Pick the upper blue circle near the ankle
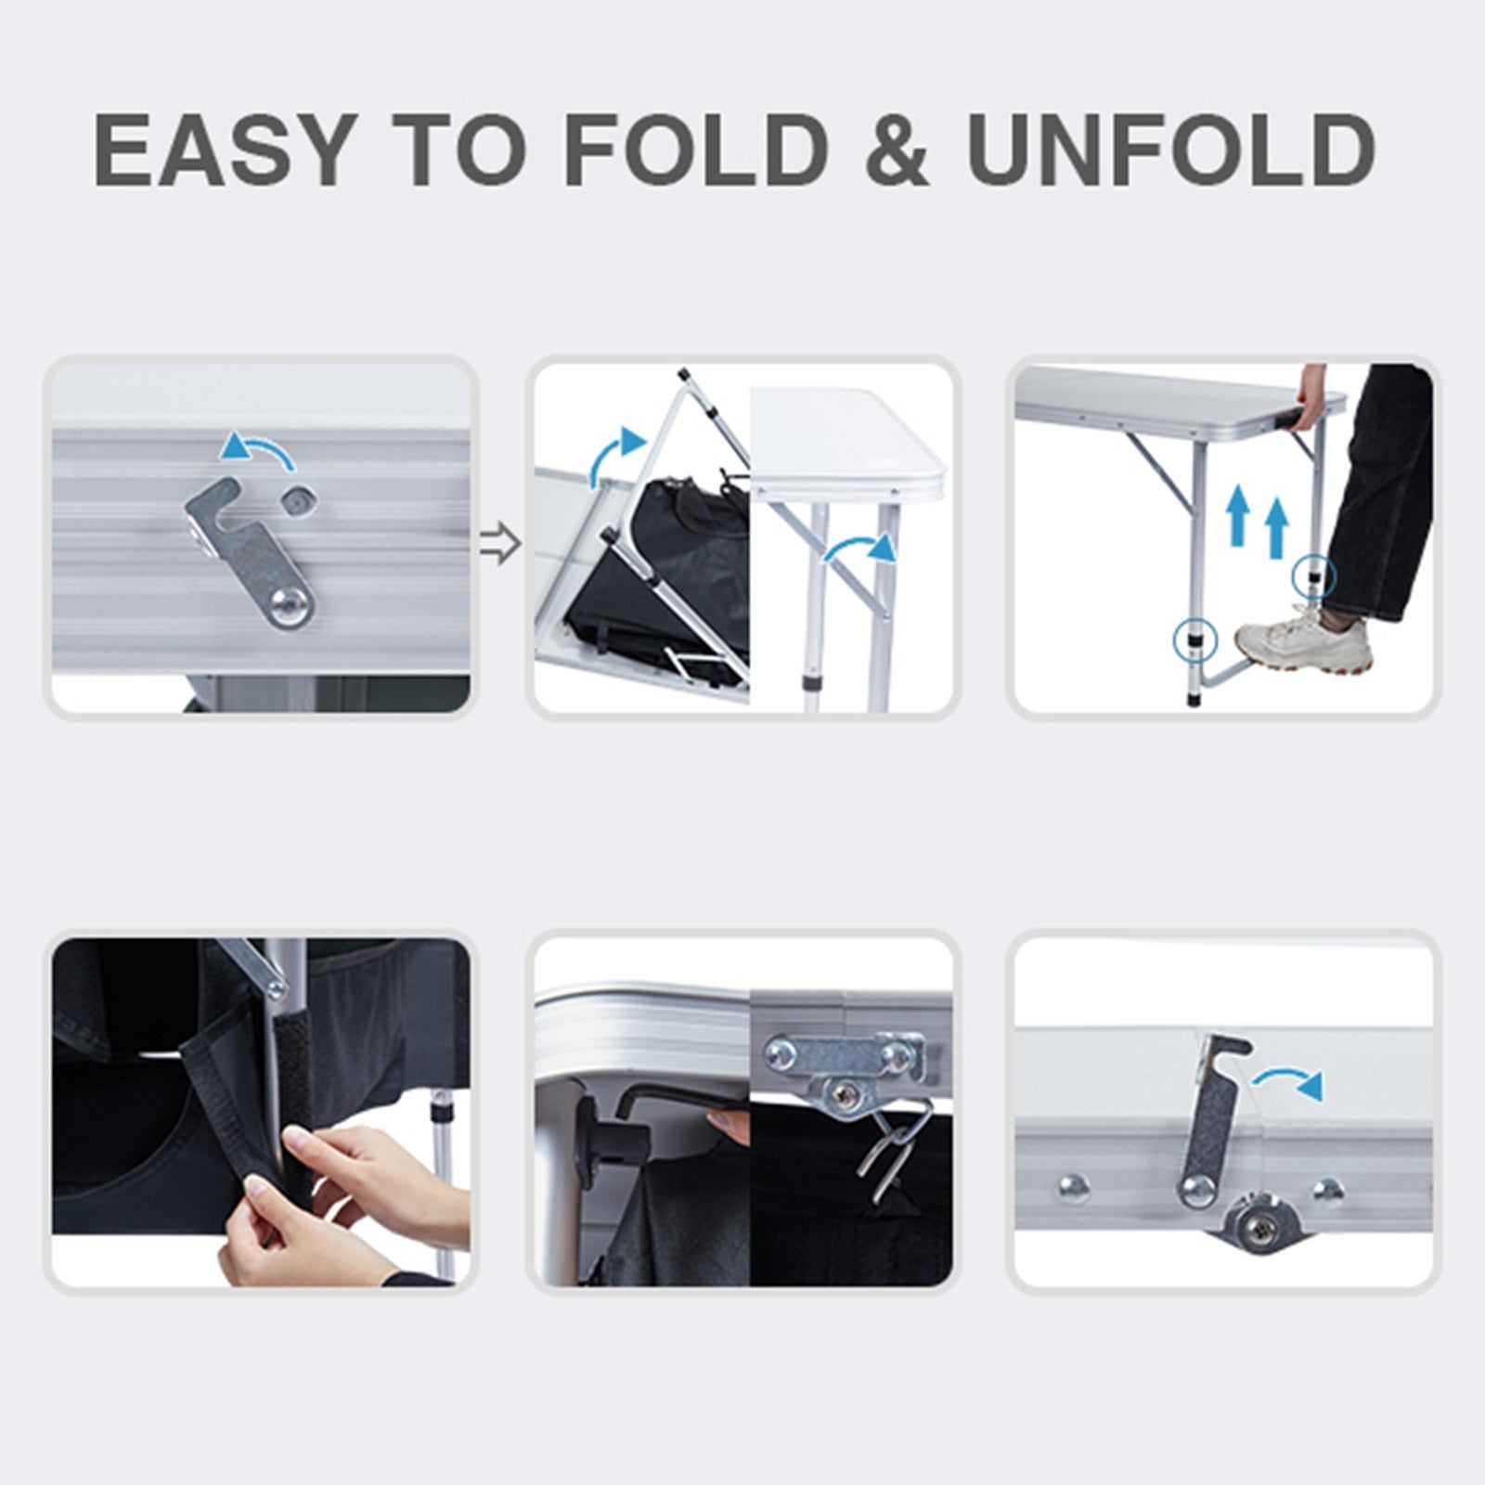pos(1314,575)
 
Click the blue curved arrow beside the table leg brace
pos(861,546)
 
